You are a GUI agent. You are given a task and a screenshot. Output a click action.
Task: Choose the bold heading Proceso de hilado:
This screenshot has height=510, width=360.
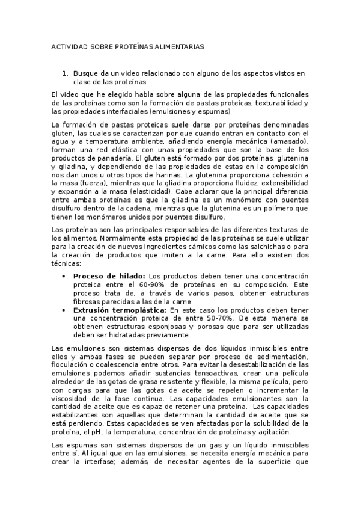click(x=109, y=275)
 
